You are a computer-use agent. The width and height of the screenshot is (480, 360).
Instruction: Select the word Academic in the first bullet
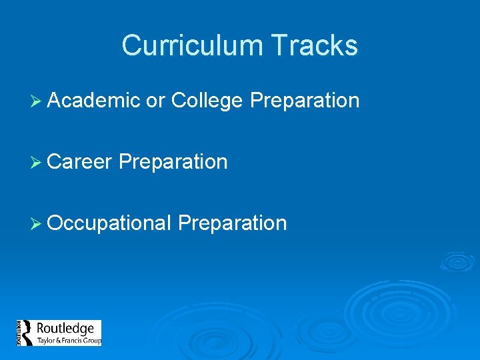(94, 101)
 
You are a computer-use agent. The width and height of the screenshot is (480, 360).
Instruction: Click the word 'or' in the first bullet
(155, 101)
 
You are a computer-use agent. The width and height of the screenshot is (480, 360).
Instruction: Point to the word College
(207, 101)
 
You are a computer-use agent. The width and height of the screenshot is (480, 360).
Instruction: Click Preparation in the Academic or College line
(305, 101)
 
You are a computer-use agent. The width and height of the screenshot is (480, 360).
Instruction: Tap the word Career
(80, 161)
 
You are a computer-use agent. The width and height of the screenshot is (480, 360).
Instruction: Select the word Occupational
(110, 223)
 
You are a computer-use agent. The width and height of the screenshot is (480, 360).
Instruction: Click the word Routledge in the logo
(65, 329)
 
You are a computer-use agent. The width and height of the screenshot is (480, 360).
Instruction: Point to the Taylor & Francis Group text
(69, 341)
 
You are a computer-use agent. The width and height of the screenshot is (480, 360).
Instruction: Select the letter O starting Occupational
(56, 223)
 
